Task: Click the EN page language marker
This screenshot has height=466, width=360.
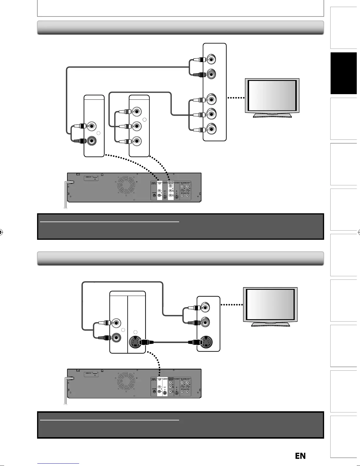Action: tap(300, 456)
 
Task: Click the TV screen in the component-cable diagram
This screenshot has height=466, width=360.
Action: tap(272, 95)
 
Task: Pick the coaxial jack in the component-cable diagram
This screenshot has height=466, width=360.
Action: tap(154, 194)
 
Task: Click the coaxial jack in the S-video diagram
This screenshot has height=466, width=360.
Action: tap(154, 392)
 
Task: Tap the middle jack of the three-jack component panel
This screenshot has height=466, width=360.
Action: tap(136, 126)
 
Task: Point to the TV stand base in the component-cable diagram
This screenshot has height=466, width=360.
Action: tap(272, 115)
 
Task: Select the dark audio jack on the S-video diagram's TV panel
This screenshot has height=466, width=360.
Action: tap(205, 322)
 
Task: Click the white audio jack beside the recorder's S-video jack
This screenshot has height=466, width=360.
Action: tap(116, 323)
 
